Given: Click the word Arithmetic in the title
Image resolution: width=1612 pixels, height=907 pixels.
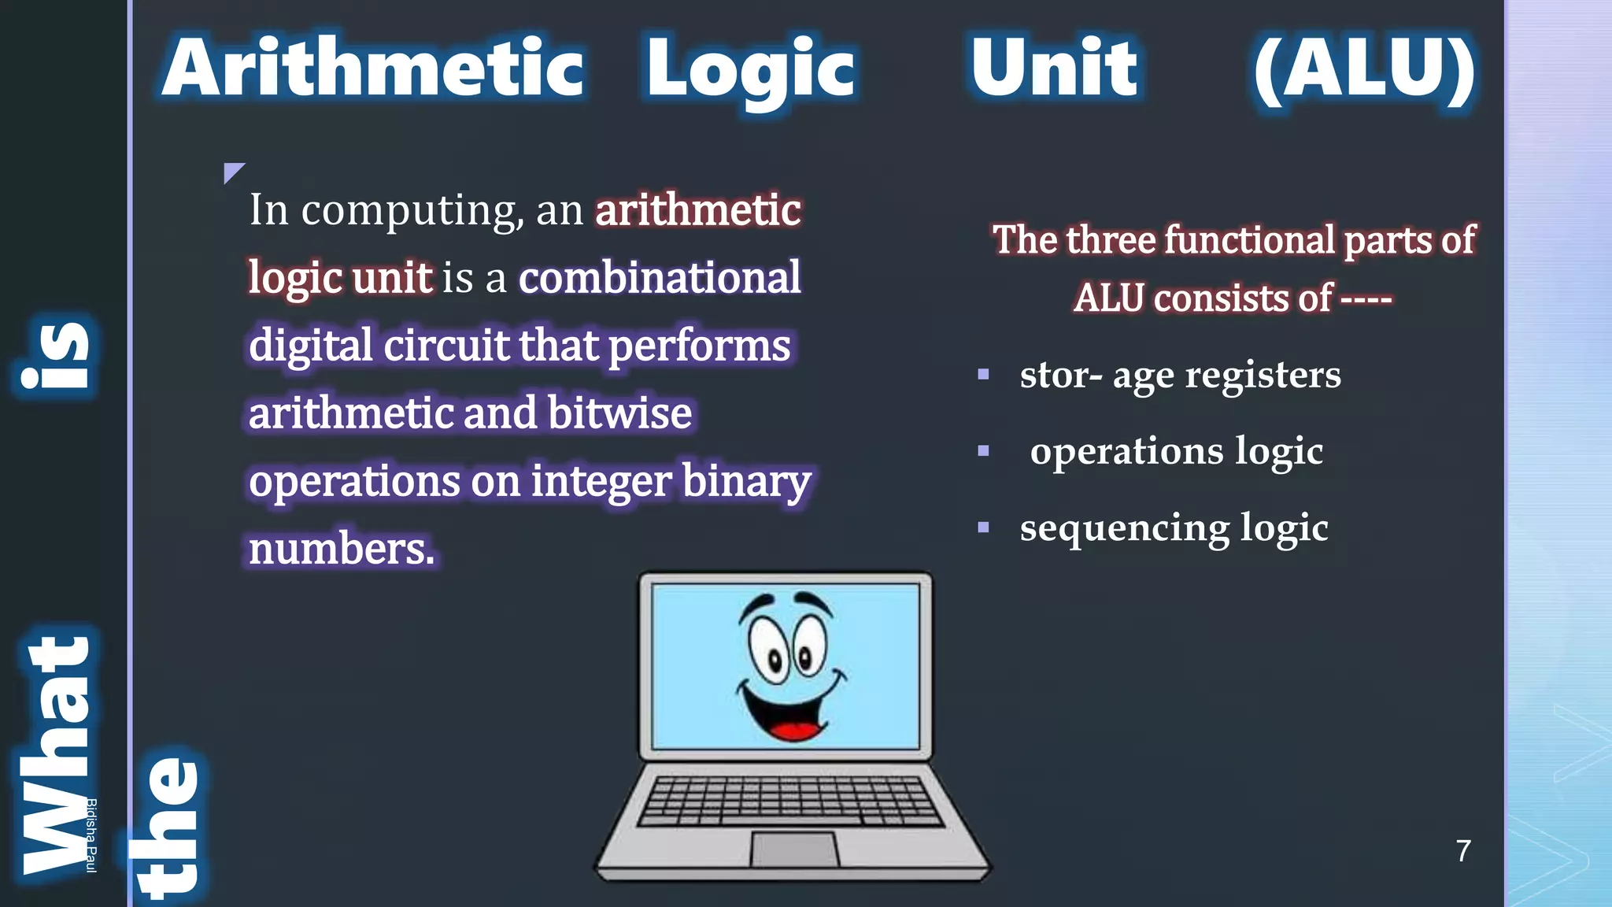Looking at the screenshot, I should tap(373, 68).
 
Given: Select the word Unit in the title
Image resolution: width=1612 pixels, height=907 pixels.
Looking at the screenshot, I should tap(1054, 68).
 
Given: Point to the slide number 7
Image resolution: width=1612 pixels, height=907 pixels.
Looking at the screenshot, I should tap(1463, 851).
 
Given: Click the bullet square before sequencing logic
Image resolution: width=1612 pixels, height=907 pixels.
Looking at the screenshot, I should tap(983, 528).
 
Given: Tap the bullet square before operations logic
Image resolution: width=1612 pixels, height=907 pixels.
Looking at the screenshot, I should tap(983, 451).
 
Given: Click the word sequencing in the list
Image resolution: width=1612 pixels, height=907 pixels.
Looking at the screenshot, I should tap(1124, 528).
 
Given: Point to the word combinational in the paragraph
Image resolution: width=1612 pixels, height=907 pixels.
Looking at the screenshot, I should tap(660, 278).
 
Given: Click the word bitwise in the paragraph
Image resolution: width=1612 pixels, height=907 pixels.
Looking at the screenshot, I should tap(619, 413).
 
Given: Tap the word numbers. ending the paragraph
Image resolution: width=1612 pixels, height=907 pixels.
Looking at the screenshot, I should tap(342, 549).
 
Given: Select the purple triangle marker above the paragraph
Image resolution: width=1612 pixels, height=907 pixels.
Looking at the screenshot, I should tap(232, 171).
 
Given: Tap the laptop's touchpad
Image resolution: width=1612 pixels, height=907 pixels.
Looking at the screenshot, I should tap(793, 850).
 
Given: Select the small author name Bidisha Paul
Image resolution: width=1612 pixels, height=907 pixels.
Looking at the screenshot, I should tap(91, 835).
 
